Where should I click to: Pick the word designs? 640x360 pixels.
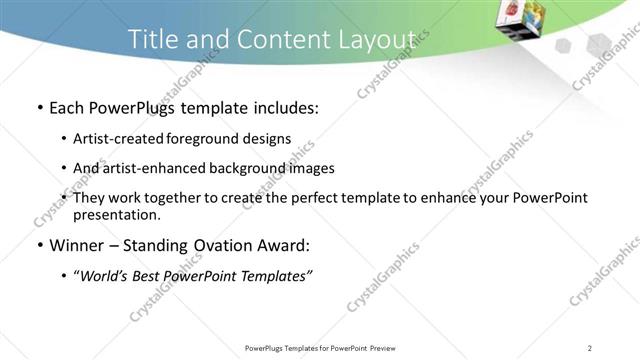(266, 139)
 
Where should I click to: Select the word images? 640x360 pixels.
(312, 168)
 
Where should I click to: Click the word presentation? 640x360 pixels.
(116, 214)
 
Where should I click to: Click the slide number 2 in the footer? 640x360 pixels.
(590, 348)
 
